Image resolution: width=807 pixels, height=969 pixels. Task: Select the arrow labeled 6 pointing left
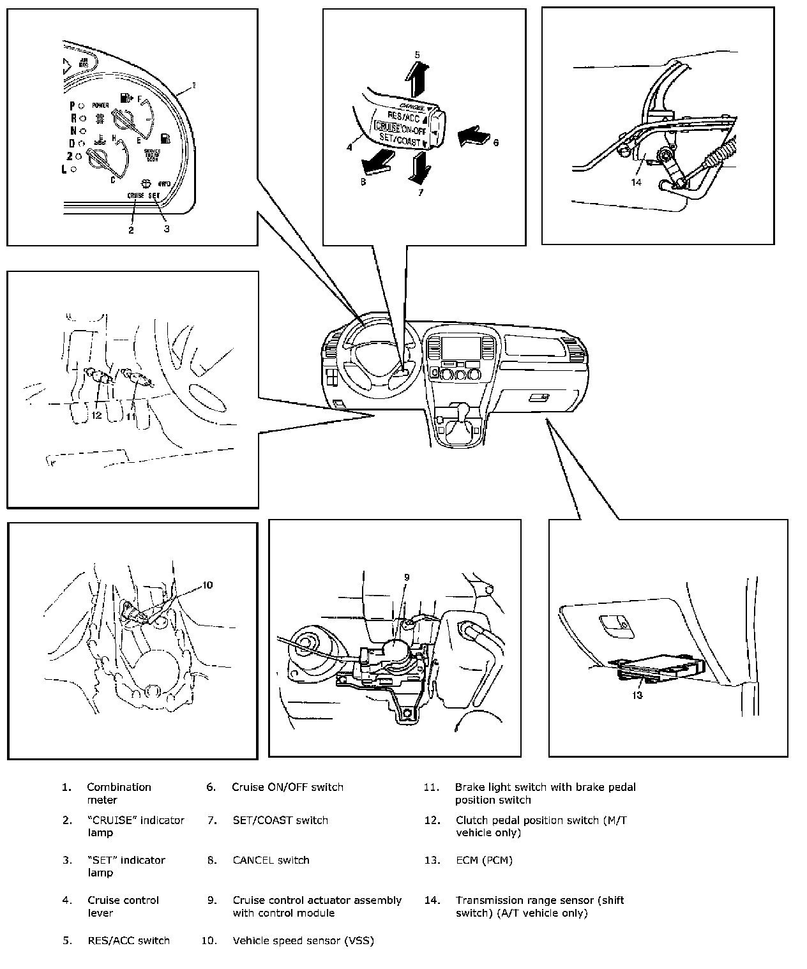tap(472, 135)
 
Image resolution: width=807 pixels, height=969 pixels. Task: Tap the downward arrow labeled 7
tap(419, 169)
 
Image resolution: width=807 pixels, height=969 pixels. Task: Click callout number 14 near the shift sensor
tap(636, 182)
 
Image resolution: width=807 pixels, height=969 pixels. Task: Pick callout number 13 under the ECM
tap(637, 695)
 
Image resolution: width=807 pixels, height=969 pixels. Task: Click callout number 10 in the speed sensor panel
tap(207, 585)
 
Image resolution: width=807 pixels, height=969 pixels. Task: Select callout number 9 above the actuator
tap(406, 578)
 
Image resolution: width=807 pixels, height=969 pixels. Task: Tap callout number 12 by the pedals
tap(96, 416)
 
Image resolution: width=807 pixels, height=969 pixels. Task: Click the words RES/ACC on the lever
tap(403, 116)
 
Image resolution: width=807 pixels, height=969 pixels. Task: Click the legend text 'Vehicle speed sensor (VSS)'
tap(303, 940)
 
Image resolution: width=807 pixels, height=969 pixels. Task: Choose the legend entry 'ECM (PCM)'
tap(484, 860)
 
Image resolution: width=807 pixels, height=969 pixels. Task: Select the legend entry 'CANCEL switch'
tap(271, 860)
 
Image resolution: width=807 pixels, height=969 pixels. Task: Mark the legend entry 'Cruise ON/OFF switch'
tap(287, 787)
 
